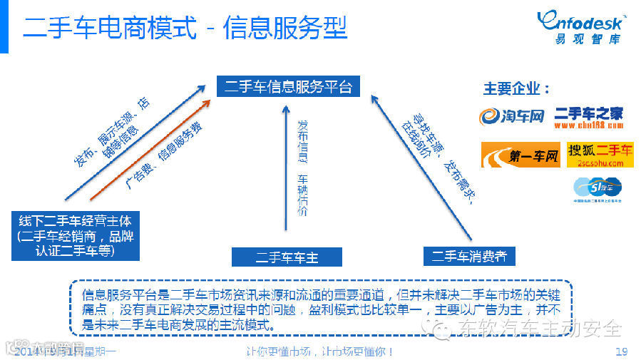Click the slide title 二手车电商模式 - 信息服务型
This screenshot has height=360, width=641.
coord(185,29)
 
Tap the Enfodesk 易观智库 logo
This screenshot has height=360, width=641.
coord(580,27)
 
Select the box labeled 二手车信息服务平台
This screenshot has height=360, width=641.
coord(288,87)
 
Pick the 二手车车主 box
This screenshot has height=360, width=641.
coord(287,257)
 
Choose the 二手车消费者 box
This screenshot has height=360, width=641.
coord(468,255)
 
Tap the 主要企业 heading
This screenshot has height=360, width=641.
coord(517,89)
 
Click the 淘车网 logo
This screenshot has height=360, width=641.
coord(511,115)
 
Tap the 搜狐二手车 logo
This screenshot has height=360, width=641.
coord(600,154)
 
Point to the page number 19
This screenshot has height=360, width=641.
coord(620,351)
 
